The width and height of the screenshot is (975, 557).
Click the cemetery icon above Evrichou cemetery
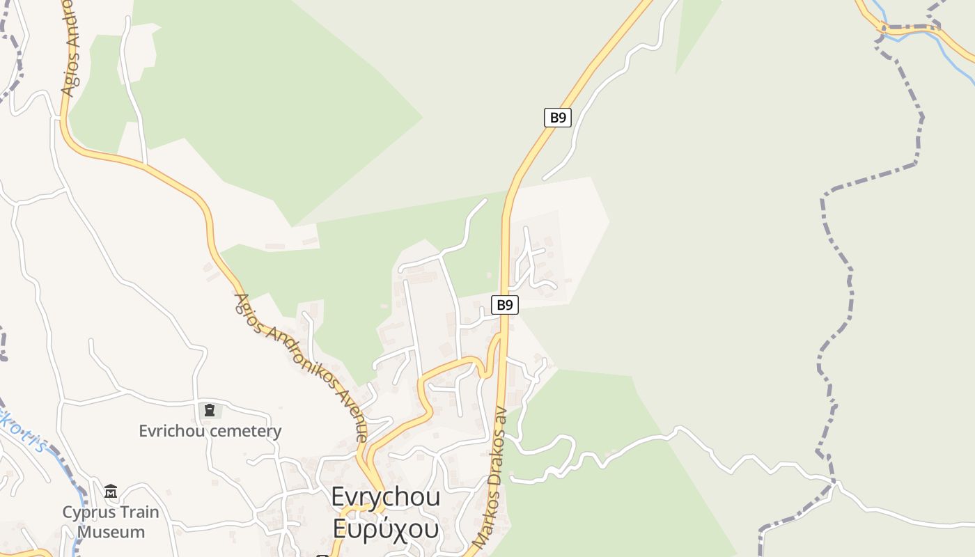point(210,410)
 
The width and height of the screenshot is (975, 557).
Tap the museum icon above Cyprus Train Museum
point(111,492)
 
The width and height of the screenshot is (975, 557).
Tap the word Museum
point(111,533)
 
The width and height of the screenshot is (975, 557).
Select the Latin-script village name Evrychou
point(385,497)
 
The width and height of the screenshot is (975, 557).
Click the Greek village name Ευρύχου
point(385,529)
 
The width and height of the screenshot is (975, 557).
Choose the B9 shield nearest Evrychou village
point(505,305)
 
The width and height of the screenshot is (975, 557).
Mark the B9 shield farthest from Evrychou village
point(557,117)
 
